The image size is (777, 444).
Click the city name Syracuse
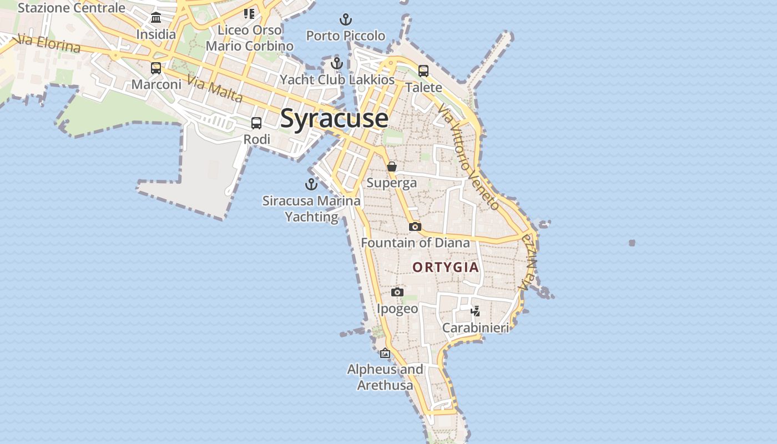[334, 119]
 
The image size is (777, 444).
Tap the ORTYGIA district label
[445, 267]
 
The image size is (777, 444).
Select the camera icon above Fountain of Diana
[415, 226]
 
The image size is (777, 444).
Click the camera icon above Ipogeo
[397, 292]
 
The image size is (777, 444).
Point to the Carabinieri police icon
[475, 311]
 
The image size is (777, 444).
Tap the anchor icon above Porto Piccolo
[346, 20]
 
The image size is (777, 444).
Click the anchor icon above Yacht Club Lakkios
[336, 63]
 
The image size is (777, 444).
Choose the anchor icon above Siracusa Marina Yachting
[311, 184]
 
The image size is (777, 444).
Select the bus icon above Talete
[423, 70]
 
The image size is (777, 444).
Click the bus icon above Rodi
[256, 123]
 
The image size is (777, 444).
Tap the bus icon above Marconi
[156, 68]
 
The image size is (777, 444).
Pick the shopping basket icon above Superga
[392, 166]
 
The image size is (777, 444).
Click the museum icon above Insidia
[156, 17]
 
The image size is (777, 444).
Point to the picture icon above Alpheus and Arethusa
[385, 353]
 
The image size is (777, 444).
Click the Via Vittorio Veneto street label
[468, 159]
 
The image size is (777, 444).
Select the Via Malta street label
[215, 89]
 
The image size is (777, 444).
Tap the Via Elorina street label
[49, 44]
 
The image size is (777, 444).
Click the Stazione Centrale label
[72, 8]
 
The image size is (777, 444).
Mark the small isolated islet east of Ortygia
[632, 243]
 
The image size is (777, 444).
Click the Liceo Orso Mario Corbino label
[249, 38]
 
